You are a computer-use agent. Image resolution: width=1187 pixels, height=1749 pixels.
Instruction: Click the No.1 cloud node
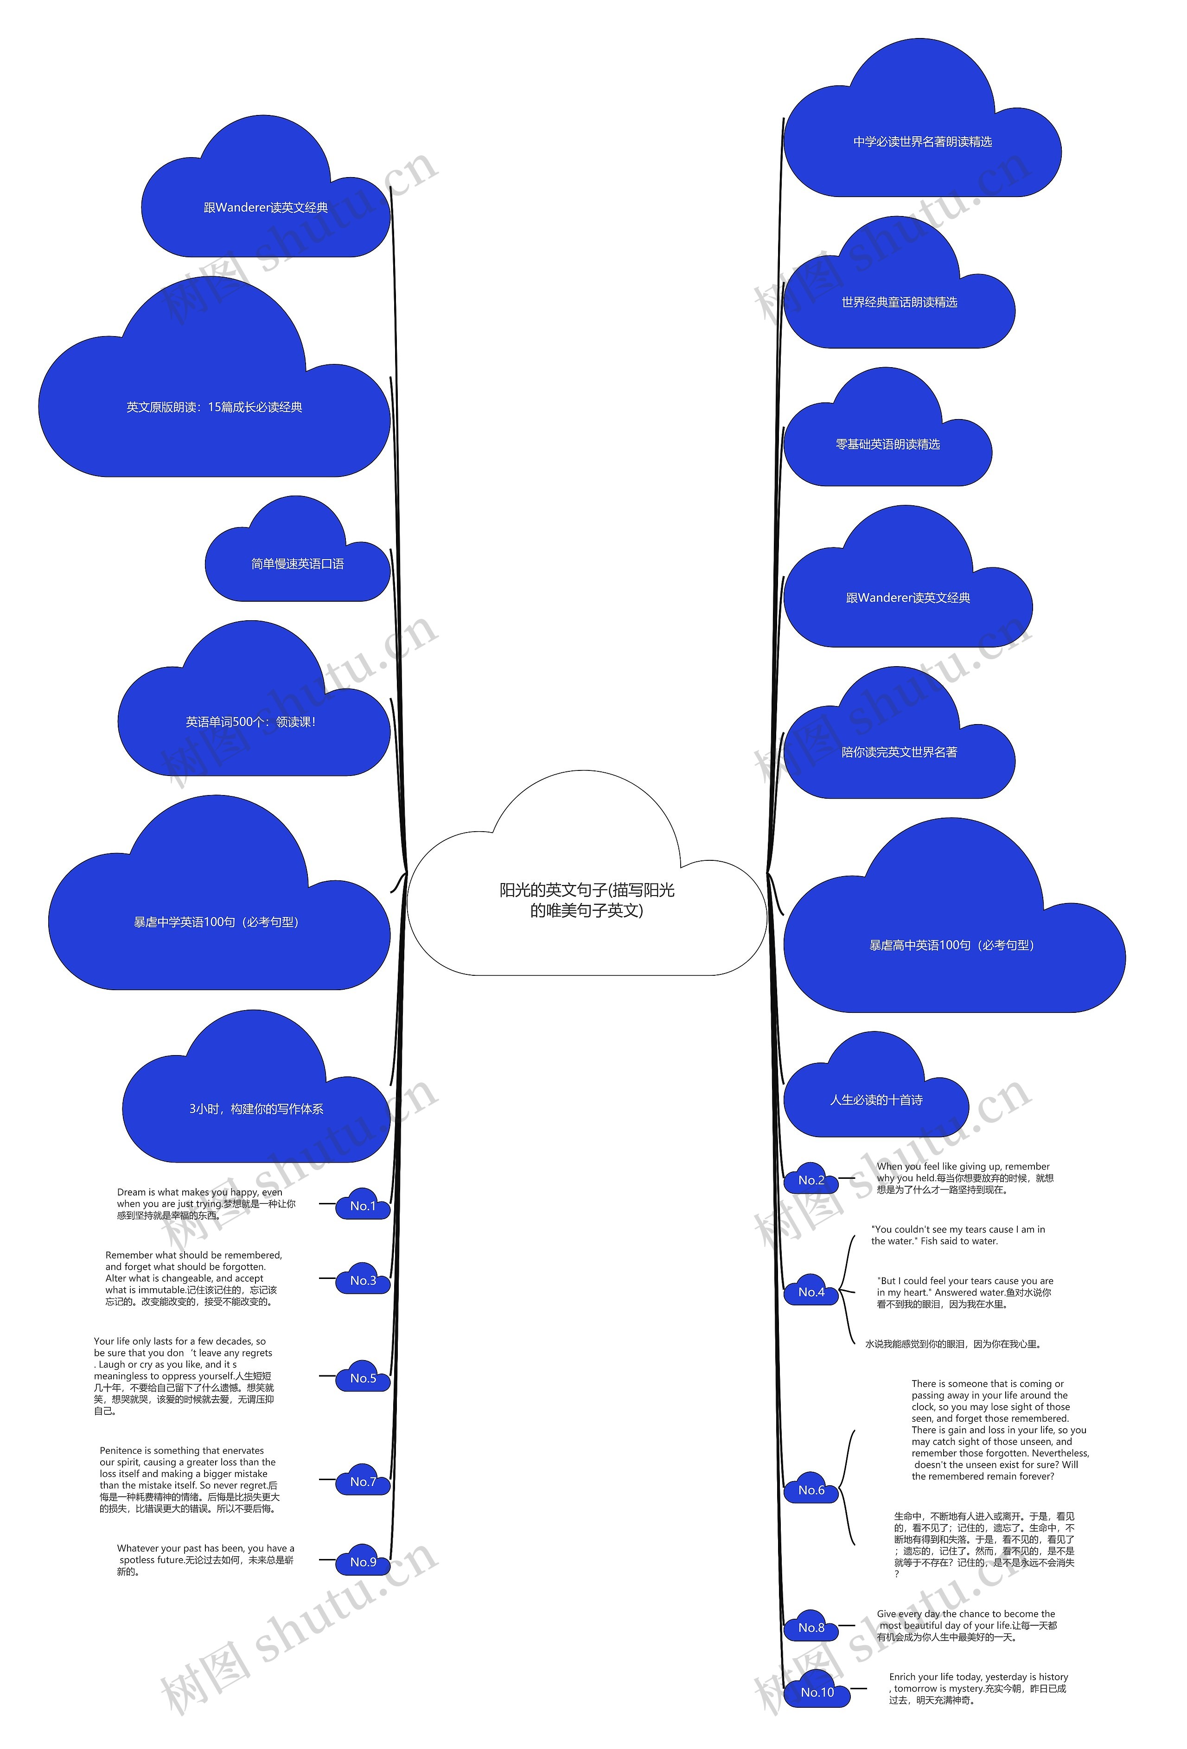tap(363, 1206)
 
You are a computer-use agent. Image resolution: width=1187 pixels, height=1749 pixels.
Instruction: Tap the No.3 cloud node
tap(363, 1280)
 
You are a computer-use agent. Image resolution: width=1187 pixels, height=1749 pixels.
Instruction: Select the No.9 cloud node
tap(363, 1562)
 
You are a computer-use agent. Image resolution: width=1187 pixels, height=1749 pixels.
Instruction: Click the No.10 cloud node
tap(817, 1692)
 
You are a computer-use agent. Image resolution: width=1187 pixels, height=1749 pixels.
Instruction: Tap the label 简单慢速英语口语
tap(297, 564)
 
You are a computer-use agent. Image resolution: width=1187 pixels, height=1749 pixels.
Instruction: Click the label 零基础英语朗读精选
tap(887, 445)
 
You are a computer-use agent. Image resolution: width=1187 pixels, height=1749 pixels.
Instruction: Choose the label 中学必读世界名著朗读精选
tap(922, 141)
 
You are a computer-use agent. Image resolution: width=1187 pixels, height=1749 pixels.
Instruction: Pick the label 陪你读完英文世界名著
tap(900, 752)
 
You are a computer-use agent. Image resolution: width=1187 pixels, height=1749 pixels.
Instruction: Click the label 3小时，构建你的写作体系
tap(256, 1108)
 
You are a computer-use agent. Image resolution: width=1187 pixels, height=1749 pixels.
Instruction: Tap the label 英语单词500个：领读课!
tap(251, 722)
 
